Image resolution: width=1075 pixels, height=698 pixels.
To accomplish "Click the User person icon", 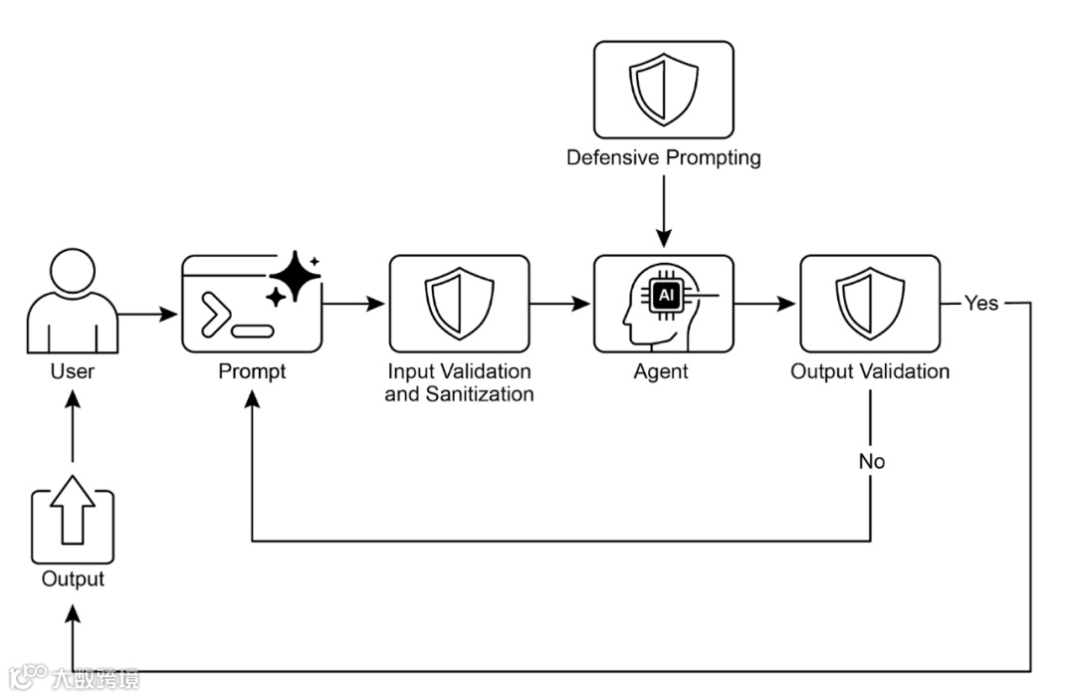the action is tap(73, 301).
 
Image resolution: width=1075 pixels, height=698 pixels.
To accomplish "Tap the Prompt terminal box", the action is tap(252, 304).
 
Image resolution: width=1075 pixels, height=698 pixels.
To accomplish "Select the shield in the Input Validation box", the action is tap(459, 304).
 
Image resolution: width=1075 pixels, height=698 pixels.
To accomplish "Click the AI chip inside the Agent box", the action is tap(666, 296).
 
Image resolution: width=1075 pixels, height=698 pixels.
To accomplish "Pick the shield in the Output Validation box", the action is tap(870, 304).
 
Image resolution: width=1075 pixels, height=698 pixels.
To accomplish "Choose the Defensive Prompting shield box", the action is tap(664, 90).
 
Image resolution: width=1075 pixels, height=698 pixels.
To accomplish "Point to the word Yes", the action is tap(981, 303).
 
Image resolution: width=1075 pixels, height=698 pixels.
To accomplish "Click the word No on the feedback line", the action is tap(871, 461).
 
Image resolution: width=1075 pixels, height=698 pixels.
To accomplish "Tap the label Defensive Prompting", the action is tap(664, 157).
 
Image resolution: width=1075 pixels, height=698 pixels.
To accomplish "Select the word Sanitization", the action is tap(479, 394).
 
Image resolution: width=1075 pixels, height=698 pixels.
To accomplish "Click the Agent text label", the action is tap(661, 372).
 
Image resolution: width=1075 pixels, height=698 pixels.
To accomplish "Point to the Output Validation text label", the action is tap(870, 371).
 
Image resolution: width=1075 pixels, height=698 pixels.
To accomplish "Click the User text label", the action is tap(73, 371).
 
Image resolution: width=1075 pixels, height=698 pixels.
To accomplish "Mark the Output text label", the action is tap(73, 580).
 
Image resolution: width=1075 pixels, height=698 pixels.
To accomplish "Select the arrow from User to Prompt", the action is tap(148, 314).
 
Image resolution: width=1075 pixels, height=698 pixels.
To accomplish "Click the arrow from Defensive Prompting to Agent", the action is tap(664, 211).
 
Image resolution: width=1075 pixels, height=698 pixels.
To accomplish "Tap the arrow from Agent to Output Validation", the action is tap(765, 303).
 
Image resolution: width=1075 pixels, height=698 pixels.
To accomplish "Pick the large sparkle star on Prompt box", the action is tap(296, 276).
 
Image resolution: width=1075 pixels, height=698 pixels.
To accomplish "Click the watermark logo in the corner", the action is tap(28, 677).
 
